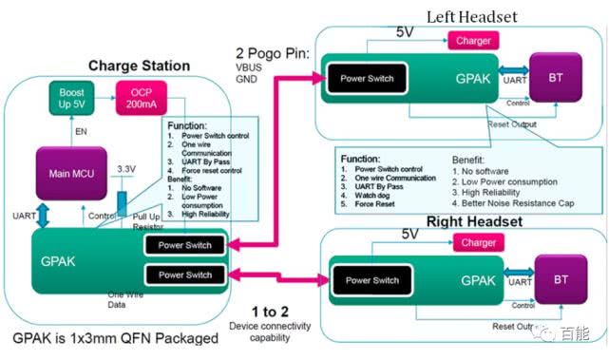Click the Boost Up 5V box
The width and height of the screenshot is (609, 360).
(x=72, y=98)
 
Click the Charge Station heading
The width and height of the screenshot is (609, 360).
(x=139, y=66)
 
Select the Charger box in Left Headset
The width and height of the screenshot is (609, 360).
(x=473, y=41)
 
